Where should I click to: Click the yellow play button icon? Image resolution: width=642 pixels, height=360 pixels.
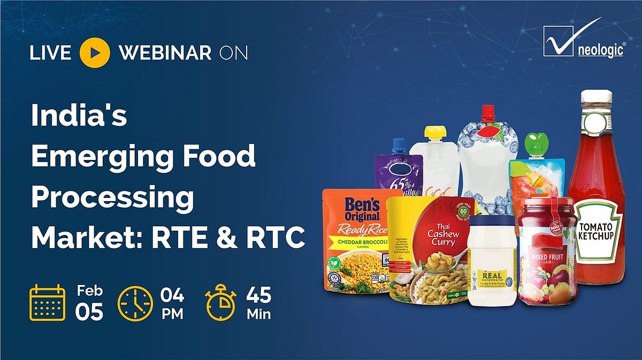pyautogui.click(x=95, y=52)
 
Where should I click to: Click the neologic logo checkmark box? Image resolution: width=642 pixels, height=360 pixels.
pyautogui.click(x=559, y=41)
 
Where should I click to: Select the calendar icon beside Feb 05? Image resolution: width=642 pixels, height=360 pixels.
pyautogui.click(x=47, y=302)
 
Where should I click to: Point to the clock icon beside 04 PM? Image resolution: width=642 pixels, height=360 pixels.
pyautogui.click(x=134, y=303)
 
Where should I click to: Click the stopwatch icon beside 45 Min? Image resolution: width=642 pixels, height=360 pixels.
pyautogui.click(x=221, y=303)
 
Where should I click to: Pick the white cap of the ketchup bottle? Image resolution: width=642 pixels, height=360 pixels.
pyautogui.click(x=595, y=97)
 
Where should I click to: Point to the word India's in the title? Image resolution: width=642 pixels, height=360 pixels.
pyautogui.click(x=79, y=116)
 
